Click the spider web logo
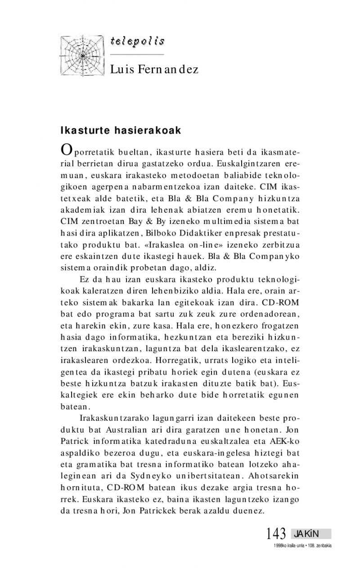82,55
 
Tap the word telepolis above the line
137,42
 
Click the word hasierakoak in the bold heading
150,130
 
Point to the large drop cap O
66,150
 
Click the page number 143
276,534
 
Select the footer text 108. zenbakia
319,545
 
